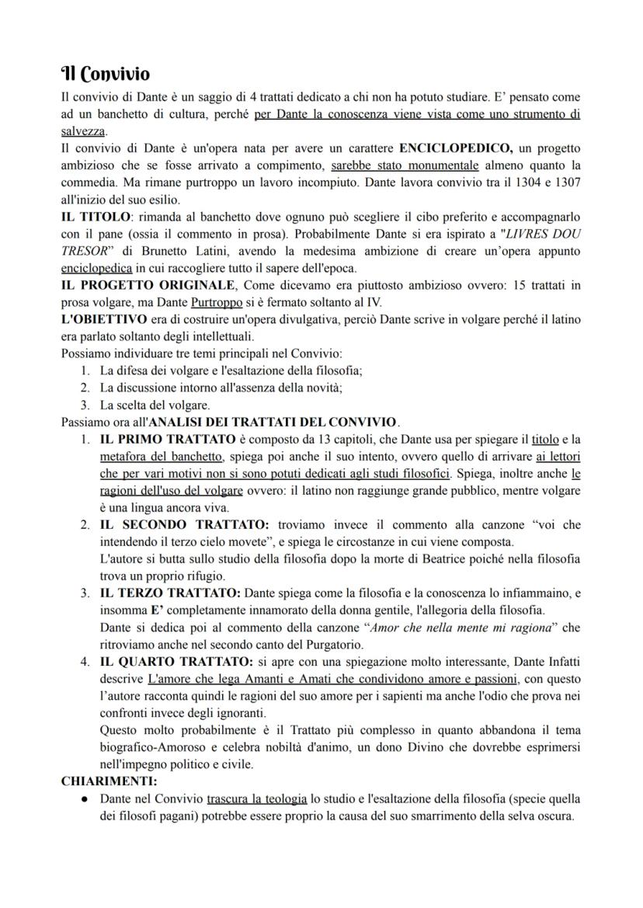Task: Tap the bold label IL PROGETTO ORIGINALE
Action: click(x=148, y=284)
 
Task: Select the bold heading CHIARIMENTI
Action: click(x=109, y=781)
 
